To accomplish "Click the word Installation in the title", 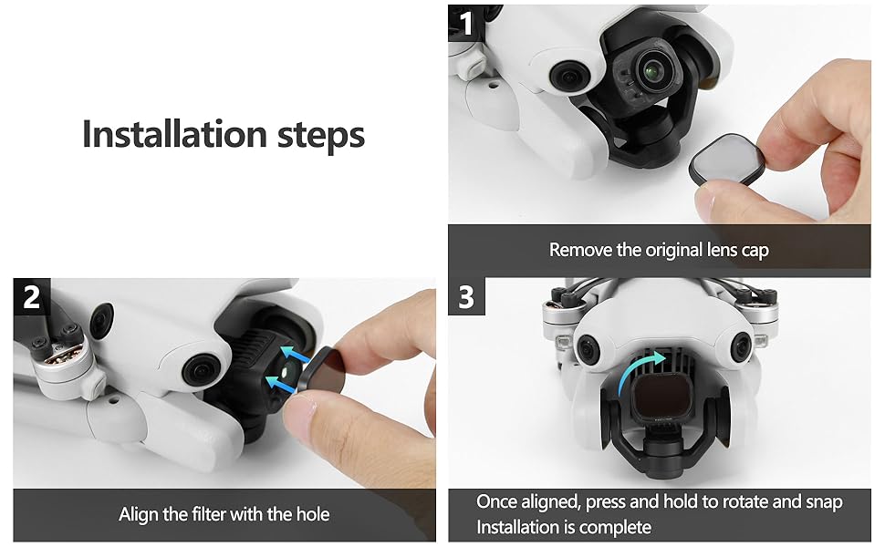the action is (x=174, y=134).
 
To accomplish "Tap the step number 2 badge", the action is (x=32, y=296).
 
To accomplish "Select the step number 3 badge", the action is (x=466, y=296).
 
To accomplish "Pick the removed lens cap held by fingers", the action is (x=728, y=160).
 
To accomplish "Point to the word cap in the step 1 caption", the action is (x=755, y=251).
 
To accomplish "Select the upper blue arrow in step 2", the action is (x=296, y=354).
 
